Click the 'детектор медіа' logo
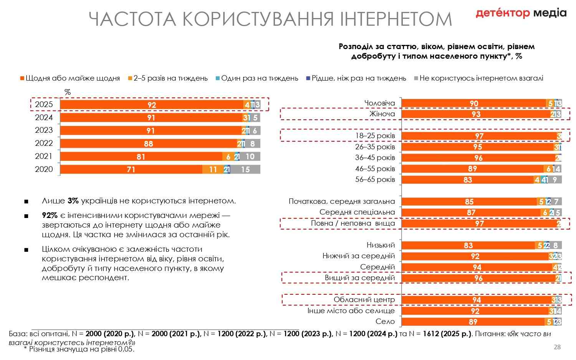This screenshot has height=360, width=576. tap(521, 13)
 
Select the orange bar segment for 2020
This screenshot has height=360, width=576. tap(131, 169)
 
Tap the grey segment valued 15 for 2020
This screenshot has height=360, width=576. tap(245, 169)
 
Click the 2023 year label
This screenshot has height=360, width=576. tap(44, 130)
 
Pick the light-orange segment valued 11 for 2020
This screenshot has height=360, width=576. tap(213, 169)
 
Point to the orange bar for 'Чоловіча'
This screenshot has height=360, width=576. tap(474, 103)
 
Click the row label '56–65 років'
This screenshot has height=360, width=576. tap(375, 180)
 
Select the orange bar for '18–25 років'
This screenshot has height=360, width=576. tap(479, 136)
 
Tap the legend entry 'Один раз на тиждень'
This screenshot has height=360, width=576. tap(259, 78)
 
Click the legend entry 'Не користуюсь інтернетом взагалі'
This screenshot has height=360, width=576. tap(481, 78)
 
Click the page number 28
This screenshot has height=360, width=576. tap(557, 347)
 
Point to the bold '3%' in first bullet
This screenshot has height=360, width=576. tap(73, 201)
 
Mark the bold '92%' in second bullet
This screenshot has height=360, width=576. tap(50, 216)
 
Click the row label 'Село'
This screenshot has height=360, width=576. tap(385, 322)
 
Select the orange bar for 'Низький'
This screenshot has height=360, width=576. tap(468, 245)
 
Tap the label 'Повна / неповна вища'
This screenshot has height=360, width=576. tap(353, 223)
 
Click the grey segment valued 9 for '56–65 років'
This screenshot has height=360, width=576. tap(554, 180)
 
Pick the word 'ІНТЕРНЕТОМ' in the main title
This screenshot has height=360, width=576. tap(396, 19)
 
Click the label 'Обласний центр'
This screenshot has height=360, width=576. tap(364, 300)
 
